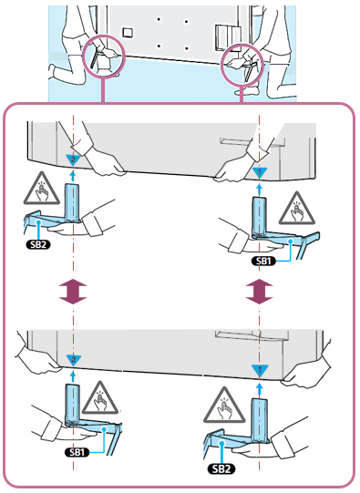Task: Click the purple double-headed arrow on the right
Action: point(261,293)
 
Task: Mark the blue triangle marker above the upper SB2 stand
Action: point(73,159)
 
